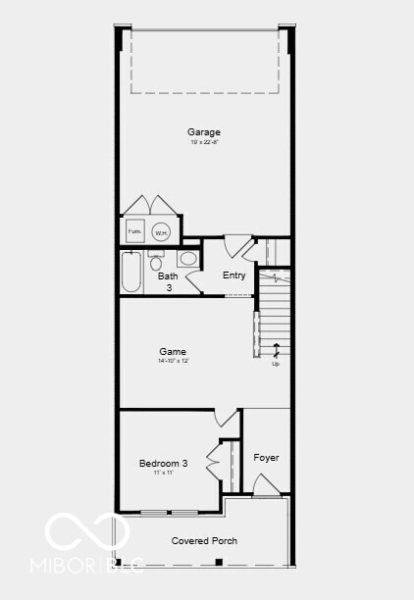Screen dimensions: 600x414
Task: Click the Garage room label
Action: tap(204, 132)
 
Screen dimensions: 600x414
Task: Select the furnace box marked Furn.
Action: tap(134, 232)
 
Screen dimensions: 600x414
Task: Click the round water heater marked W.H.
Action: tap(161, 232)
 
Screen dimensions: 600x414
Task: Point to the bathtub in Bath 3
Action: tap(131, 273)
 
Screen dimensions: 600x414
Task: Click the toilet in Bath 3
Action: tap(156, 262)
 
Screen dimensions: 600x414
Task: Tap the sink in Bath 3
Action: tap(187, 259)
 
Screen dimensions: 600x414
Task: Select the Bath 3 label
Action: tap(168, 282)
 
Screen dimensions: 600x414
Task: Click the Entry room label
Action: tap(233, 275)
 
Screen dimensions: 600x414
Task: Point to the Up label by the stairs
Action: tap(276, 364)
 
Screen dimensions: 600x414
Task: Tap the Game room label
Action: tap(173, 351)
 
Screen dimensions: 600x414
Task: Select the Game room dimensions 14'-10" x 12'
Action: tap(173, 362)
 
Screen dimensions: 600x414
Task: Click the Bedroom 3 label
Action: tap(164, 463)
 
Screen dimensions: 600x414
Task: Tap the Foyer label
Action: tap(266, 458)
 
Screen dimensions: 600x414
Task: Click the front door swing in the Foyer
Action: tap(265, 486)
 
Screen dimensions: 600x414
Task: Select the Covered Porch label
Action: tap(204, 541)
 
